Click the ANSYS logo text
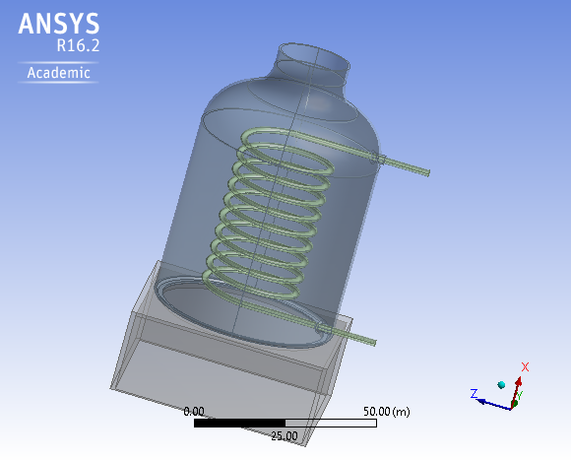click(x=58, y=24)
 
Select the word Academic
click(x=59, y=73)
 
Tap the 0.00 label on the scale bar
click(x=194, y=411)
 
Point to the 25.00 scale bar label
click(x=285, y=435)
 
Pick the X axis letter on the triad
click(x=526, y=366)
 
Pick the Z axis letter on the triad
click(x=474, y=393)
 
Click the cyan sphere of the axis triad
click(x=502, y=384)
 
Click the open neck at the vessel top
click(x=314, y=58)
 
